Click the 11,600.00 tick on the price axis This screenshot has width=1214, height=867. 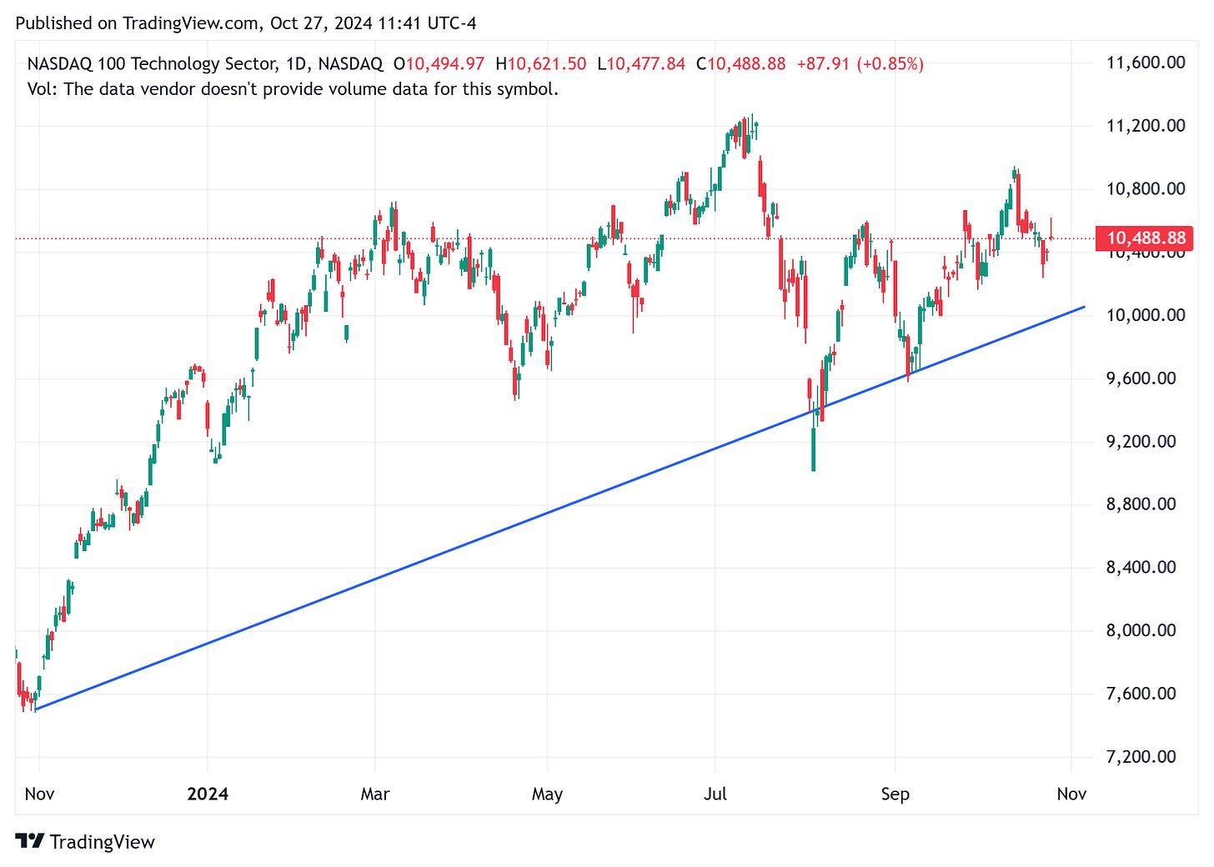[1145, 63]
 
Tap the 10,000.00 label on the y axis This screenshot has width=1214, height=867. [1145, 315]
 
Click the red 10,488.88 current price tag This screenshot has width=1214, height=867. [1146, 238]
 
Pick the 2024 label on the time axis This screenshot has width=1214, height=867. [208, 794]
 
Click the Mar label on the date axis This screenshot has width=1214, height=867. [375, 794]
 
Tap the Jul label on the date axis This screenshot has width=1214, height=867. [715, 794]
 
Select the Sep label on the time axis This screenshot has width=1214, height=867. [895, 794]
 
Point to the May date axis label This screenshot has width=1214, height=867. [547, 794]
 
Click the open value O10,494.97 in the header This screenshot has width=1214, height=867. [439, 63]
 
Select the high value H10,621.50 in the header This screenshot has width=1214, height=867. [540, 63]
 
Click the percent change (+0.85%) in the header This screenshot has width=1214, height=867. [890, 63]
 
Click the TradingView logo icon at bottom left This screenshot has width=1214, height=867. [30, 841]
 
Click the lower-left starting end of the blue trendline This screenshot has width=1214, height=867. [36, 709]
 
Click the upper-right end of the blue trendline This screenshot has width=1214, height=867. [1085, 307]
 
